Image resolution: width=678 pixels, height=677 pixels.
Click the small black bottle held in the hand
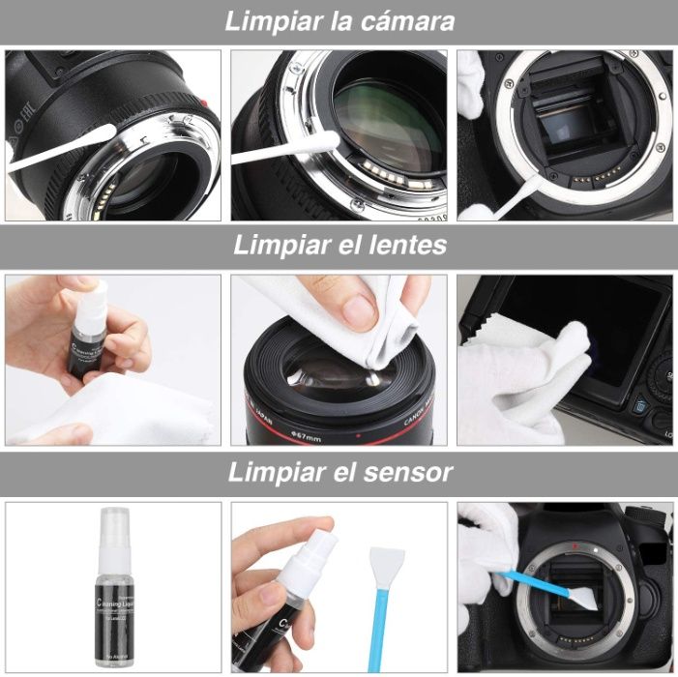(x=89, y=340)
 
